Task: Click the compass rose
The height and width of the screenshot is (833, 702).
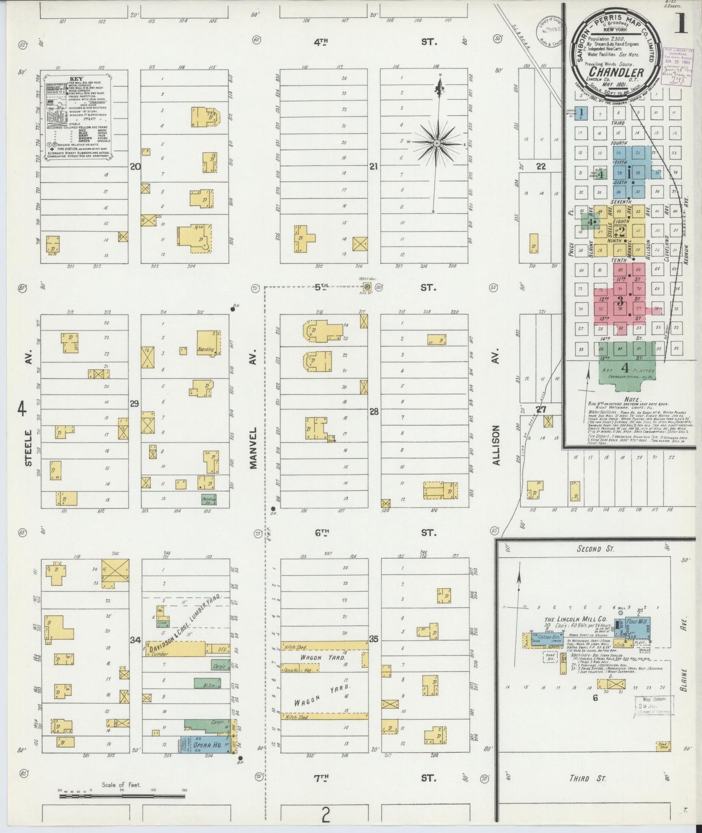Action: click(437, 143)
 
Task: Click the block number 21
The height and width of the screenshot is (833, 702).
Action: click(373, 166)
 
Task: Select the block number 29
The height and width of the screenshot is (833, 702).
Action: click(135, 403)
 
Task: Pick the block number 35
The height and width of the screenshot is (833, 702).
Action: click(373, 640)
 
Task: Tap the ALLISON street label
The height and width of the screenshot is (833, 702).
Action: click(496, 445)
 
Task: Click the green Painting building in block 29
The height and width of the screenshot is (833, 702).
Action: click(209, 499)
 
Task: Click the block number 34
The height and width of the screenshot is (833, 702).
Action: click(135, 640)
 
